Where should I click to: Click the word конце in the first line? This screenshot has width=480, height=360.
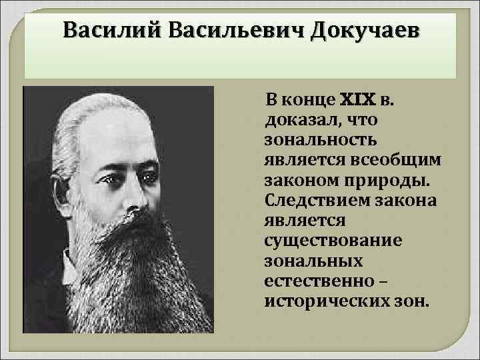coord(311,101)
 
